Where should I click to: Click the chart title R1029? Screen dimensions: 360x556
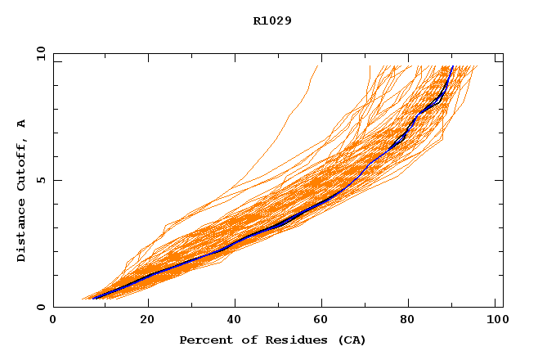[272, 20]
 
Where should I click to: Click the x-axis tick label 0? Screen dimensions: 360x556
[53, 320]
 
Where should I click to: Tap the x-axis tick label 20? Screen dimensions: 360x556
[148, 320]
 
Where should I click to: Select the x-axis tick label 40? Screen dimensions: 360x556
[236, 320]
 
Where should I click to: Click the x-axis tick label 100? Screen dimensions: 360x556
[495, 320]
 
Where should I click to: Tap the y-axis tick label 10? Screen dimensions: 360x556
[40, 55]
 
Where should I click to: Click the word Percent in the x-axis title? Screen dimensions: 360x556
[204, 340]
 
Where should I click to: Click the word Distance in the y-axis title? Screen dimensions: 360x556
[22, 232]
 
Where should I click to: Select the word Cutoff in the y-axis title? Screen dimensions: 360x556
[22, 163]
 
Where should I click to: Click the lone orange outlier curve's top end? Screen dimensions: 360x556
[316, 66]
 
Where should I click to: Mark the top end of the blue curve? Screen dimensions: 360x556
[452, 66]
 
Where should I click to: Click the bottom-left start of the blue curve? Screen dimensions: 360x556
[95, 298]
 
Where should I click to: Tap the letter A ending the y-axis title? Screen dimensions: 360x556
[22, 124]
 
